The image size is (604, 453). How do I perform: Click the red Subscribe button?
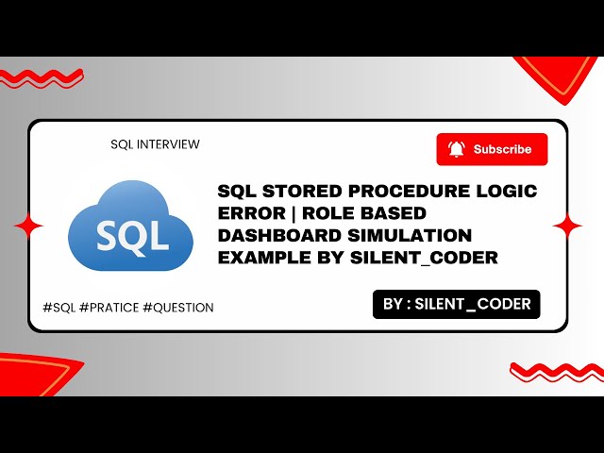click(492, 149)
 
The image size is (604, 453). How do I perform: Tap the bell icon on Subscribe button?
click(457, 149)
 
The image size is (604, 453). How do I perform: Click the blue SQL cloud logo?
click(131, 228)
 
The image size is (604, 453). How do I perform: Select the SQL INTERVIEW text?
click(155, 144)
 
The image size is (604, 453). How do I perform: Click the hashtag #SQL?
click(60, 308)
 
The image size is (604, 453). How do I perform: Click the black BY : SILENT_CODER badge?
click(457, 304)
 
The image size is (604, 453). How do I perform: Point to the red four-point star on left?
click(28, 226)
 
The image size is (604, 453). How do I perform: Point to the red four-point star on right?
click(567, 226)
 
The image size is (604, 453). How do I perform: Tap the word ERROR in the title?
click(248, 213)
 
